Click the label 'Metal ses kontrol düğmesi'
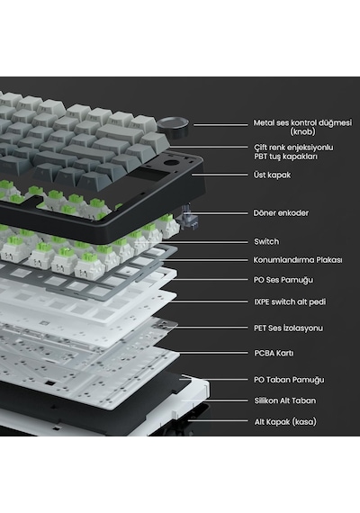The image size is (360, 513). (302, 123)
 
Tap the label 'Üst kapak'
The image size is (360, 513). (272, 175)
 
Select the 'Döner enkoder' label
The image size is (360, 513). (281, 213)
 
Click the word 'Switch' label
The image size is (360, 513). (266, 242)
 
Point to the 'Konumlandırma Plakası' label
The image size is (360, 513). (298, 260)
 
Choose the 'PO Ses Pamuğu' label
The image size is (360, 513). (283, 280)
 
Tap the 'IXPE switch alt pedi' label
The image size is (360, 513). (290, 301)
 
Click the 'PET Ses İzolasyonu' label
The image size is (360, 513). (288, 328)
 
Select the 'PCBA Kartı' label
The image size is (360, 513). (274, 354)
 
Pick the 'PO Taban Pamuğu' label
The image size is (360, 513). (289, 380)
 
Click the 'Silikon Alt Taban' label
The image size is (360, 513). (285, 400)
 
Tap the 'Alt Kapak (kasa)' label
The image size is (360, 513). (285, 422)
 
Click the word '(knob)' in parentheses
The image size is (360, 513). (302, 131)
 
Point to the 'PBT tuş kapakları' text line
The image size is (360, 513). (285, 157)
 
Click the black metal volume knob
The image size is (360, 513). (173, 127)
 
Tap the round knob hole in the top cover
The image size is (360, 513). (170, 163)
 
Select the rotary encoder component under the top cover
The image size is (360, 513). (189, 217)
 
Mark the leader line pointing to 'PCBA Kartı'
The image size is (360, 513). (213, 353)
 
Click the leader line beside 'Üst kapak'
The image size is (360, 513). (220, 175)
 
